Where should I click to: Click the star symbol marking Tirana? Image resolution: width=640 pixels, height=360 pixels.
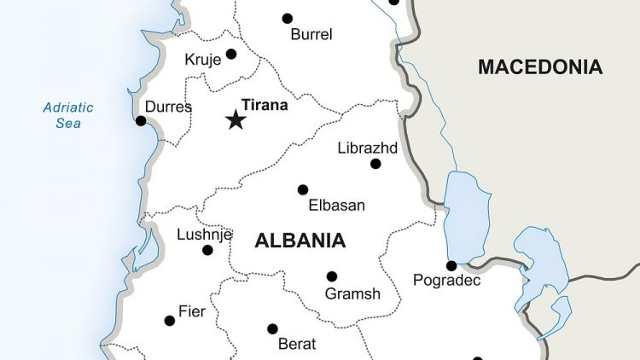point(236,120)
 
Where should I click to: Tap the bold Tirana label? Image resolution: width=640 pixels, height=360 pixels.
point(265,106)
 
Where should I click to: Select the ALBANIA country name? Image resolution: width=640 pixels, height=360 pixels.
point(300,241)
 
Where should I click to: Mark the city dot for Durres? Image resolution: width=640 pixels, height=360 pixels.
point(141,121)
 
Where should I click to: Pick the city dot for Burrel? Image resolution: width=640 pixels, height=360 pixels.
point(288,18)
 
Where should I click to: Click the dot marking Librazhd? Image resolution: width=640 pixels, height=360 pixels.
point(375,164)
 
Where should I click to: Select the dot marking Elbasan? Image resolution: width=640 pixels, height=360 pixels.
point(302,189)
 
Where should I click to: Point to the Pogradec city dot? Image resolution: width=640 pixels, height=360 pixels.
point(451,265)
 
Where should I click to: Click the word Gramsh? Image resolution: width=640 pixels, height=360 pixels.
point(352,294)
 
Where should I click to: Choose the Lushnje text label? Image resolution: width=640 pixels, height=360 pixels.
point(204,235)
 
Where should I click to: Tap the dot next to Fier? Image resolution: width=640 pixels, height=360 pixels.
point(170,321)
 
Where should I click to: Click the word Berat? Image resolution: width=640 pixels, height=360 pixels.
point(297,345)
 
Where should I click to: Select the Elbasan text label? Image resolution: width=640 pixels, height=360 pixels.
point(336,206)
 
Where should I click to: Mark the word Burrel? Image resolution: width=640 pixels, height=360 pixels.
point(311,35)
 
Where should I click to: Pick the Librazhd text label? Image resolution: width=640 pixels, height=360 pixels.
point(367,147)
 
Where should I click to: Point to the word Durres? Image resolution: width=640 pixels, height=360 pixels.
point(168,107)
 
